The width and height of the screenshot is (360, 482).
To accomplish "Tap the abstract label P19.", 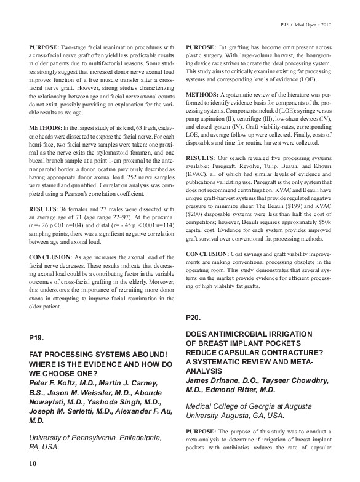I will [x=38, y=337].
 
